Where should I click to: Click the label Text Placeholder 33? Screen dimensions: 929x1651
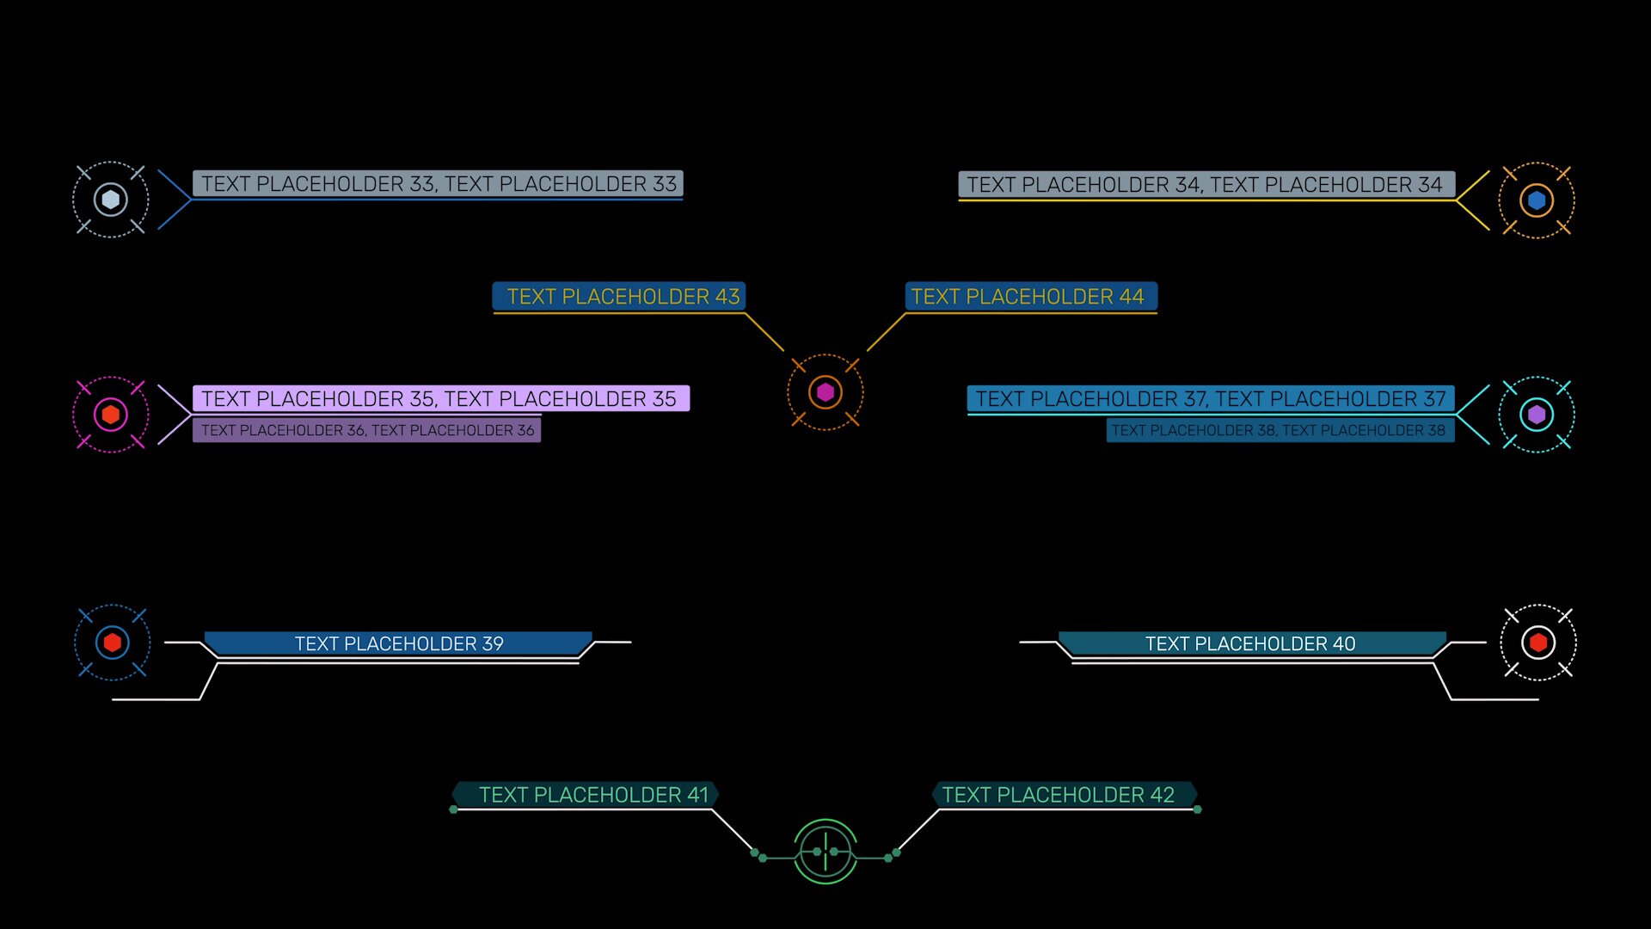click(438, 184)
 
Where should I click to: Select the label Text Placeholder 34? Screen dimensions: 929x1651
click(1206, 185)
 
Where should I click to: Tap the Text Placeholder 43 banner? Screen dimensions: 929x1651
click(619, 297)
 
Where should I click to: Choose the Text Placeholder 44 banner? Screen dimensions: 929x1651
click(1030, 297)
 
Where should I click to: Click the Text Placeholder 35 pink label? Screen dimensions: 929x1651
click(440, 399)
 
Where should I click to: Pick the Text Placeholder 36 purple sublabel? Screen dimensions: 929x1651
click(367, 430)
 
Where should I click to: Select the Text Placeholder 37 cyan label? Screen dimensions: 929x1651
click(1211, 399)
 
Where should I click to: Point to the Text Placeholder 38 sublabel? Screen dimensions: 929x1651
click(1280, 430)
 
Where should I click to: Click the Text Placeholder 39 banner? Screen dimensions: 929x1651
click(399, 643)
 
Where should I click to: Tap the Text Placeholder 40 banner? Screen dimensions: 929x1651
click(1250, 643)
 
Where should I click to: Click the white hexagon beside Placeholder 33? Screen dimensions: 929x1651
click(111, 200)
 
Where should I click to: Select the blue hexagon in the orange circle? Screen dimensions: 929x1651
click(1537, 200)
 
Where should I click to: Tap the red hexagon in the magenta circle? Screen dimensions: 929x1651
click(111, 415)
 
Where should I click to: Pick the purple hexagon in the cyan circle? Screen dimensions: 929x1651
click(1537, 415)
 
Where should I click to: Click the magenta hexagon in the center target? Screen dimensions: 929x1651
click(825, 392)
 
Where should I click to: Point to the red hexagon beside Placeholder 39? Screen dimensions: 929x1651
click(113, 643)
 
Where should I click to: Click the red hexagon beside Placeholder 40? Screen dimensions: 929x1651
click(1538, 643)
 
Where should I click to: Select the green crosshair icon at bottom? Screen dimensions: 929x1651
click(825, 852)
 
